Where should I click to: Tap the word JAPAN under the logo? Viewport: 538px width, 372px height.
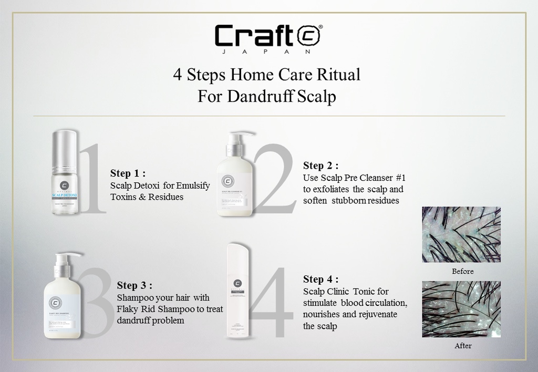coord(268,52)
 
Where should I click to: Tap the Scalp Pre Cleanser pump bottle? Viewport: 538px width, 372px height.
coord(235,176)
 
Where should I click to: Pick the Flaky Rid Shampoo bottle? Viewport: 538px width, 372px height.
coord(62,299)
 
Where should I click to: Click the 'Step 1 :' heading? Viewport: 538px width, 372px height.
coord(128,173)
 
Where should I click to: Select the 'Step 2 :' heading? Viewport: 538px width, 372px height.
coord(320,166)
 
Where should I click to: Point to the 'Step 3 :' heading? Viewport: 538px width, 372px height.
coord(134,285)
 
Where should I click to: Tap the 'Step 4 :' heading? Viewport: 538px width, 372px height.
coord(320,279)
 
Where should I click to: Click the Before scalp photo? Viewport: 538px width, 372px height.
coord(461,234)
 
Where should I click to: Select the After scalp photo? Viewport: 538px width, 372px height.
coord(461,309)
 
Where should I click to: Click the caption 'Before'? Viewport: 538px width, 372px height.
coord(462,272)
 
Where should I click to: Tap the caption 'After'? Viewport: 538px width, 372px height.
coord(462,346)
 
